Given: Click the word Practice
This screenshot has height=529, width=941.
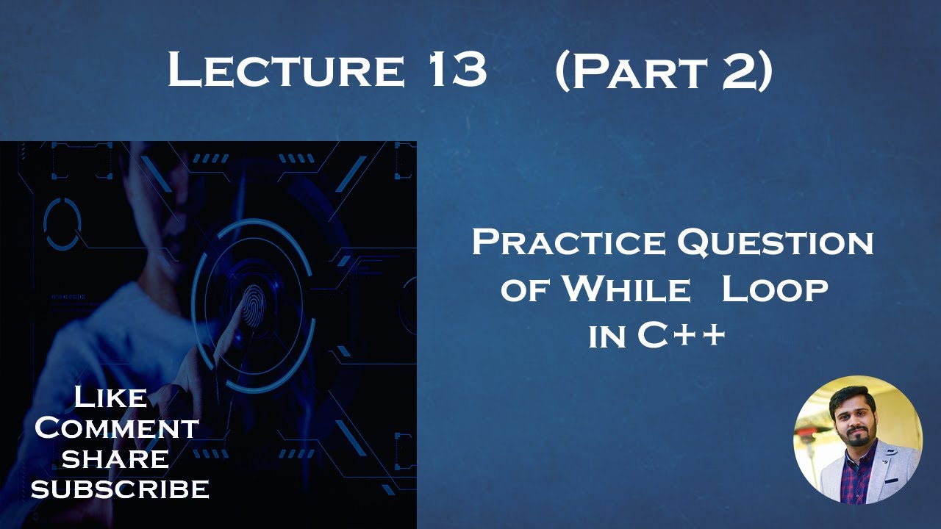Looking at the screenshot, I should point(570,242).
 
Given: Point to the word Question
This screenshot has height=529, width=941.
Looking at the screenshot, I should point(776,242).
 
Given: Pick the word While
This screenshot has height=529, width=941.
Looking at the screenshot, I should point(626,289).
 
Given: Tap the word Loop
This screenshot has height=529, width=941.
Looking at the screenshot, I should point(775,289).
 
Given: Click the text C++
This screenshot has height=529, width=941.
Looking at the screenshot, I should point(681,336).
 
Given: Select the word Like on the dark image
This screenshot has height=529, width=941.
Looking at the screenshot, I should point(110,397).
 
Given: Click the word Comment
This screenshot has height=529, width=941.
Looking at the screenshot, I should point(116,428).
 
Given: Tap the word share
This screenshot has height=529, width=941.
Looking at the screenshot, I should point(115,458).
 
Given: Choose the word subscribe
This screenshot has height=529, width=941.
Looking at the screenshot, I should point(120,489).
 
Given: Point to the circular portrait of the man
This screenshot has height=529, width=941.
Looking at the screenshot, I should point(857,439).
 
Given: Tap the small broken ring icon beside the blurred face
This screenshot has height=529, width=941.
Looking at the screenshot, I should point(62,220).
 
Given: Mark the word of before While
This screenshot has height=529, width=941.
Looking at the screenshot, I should point(526,291).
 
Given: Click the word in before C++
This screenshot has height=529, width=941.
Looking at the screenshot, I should point(607,337).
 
